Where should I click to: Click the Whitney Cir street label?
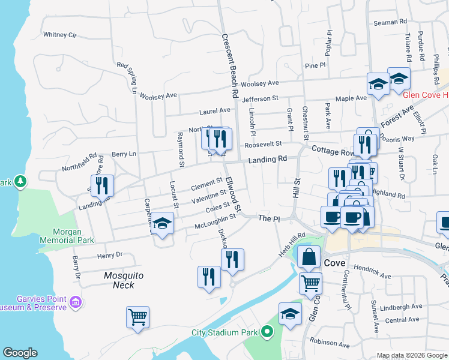tap(60, 35)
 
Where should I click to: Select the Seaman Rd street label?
tap(390, 22)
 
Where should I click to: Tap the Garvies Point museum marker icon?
tap(76, 301)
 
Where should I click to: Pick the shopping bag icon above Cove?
tap(309, 256)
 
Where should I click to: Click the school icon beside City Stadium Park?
tap(290, 314)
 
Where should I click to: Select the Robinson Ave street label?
tap(330, 344)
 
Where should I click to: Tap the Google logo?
tap(20, 353)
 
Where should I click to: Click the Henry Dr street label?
tap(110, 256)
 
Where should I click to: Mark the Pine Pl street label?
tap(315, 65)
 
